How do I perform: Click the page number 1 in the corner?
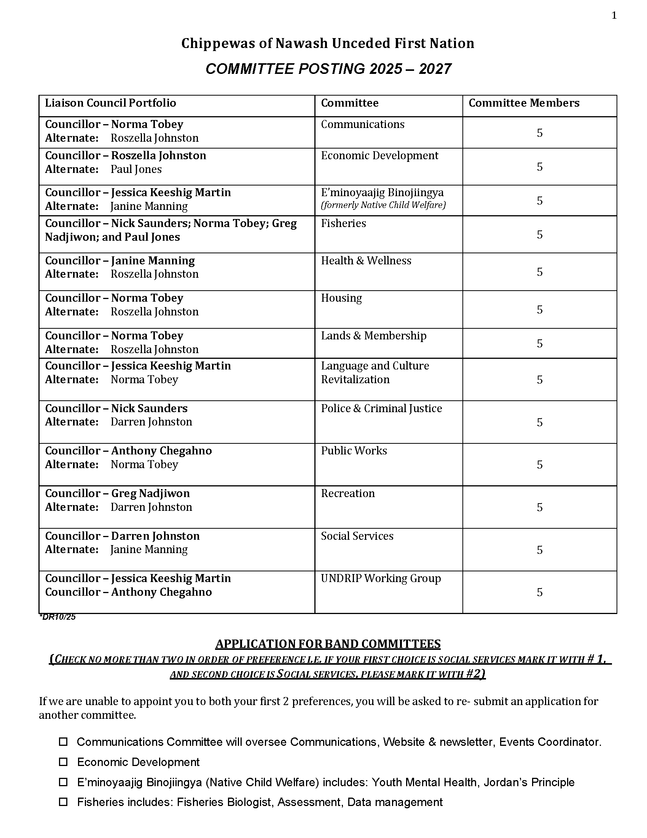(x=614, y=16)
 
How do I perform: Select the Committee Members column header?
(x=524, y=103)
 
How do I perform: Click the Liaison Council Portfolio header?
(x=110, y=103)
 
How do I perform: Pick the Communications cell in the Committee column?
(x=362, y=124)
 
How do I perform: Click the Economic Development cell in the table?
(x=379, y=156)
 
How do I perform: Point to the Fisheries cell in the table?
(x=343, y=223)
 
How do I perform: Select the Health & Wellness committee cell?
(x=366, y=261)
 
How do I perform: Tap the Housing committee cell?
(x=341, y=298)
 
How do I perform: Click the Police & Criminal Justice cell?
(x=381, y=409)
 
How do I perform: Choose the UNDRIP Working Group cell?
(x=381, y=579)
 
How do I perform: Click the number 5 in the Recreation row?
(x=539, y=508)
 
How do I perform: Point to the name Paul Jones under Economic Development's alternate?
(x=136, y=170)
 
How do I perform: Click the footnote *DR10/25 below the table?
(x=57, y=617)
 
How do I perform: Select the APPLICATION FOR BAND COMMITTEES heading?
(x=328, y=644)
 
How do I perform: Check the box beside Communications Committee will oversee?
(x=63, y=742)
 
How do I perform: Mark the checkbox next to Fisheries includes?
(x=63, y=802)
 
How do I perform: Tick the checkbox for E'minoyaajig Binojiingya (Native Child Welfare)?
(x=63, y=782)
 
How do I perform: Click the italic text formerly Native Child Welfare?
(x=383, y=205)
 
